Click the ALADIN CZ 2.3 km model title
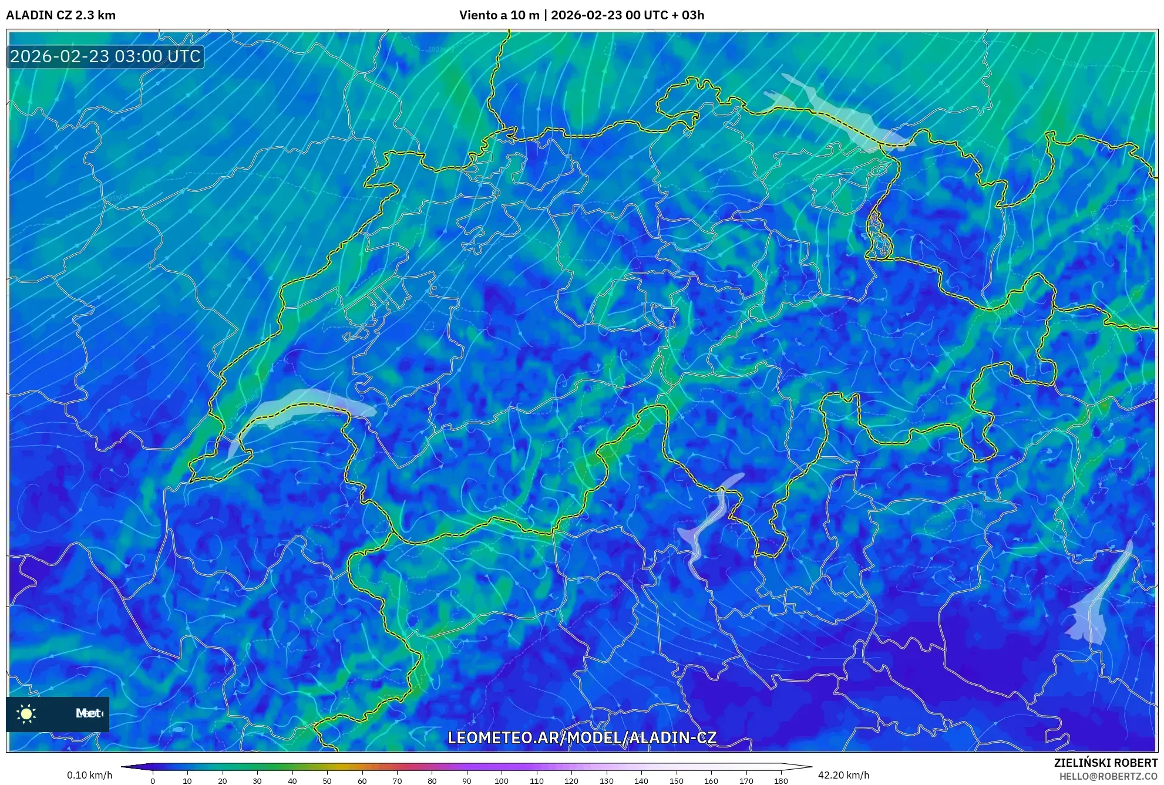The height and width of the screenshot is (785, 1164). pyautogui.click(x=61, y=15)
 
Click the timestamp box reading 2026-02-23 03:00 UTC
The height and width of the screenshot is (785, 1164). pyautogui.click(x=105, y=56)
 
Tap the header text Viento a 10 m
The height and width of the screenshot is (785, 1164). pyautogui.click(x=499, y=15)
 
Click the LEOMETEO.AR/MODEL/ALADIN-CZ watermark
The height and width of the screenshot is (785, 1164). pyautogui.click(x=581, y=737)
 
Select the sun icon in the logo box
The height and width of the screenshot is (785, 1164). pyautogui.click(x=26, y=713)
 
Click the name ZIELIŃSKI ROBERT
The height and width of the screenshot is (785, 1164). pyautogui.click(x=1105, y=763)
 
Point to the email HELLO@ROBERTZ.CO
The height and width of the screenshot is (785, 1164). pyautogui.click(x=1108, y=776)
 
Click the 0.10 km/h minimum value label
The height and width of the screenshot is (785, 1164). pyautogui.click(x=89, y=775)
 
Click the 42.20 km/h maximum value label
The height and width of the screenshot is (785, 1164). pyautogui.click(x=843, y=775)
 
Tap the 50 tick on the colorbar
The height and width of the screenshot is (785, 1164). pyautogui.click(x=327, y=781)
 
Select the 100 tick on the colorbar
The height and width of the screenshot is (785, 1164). pyautogui.click(x=502, y=781)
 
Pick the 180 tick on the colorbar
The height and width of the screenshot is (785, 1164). pyautogui.click(x=781, y=781)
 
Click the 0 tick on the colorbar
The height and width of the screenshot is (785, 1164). pyautogui.click(x=153, y=781)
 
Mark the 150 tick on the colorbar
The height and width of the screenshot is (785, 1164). pyautogui.click(x=676, y=781)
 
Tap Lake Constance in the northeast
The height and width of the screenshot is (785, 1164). pyautogui.click(x=840, y=117)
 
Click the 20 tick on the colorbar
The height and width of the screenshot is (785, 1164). pyautogui.click(x=222, y=781)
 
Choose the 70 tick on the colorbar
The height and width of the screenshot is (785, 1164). pyautogui.click(x=397, y=781)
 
